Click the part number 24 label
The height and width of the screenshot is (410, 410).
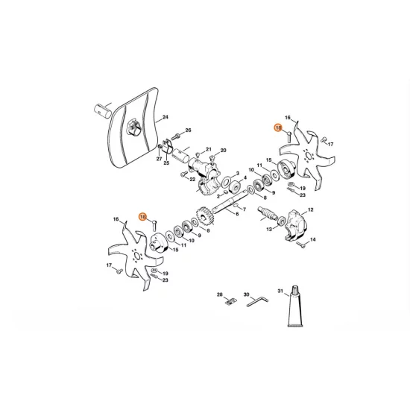pyautogui.click(x=165, y=117)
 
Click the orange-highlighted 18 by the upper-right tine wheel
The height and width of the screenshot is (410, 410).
pyautogui.click(x=278, y=128)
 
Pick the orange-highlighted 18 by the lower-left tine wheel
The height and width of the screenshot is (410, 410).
pyautogui.click(x=143, y=217)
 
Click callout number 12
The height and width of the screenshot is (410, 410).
pyautogui.click(x=311, y=210)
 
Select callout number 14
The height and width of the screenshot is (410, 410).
pyautogui.click(x=313, y=239)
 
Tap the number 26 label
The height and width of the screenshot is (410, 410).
pyautogui.click(x=188, y=130)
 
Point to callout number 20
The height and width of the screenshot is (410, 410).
pyautogui.click(x=223, y=151)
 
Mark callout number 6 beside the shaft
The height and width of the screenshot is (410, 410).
pyautogui.click(x=238, y=213)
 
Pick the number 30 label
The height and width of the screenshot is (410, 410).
pyautogui.click(x=246, y=294)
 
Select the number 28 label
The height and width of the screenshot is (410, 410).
pyautogui.click(x=220, y=294)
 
